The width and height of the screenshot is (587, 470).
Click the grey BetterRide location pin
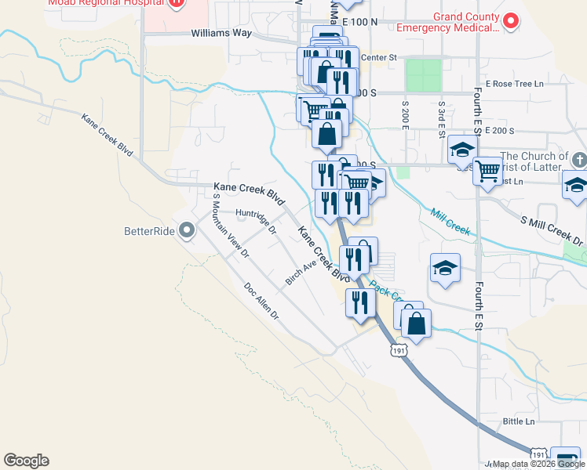[x=187, y=231]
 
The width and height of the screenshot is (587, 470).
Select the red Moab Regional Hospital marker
[x=177, y=2]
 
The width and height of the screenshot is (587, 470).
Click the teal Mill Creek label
[x=450, y=221]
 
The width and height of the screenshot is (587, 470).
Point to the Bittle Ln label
[x=518, y=421]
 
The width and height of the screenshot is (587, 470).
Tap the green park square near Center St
[x=424, y=75]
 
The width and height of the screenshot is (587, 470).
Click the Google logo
[x=26, y=461]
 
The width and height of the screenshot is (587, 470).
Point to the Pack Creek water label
[x=385, y=291]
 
